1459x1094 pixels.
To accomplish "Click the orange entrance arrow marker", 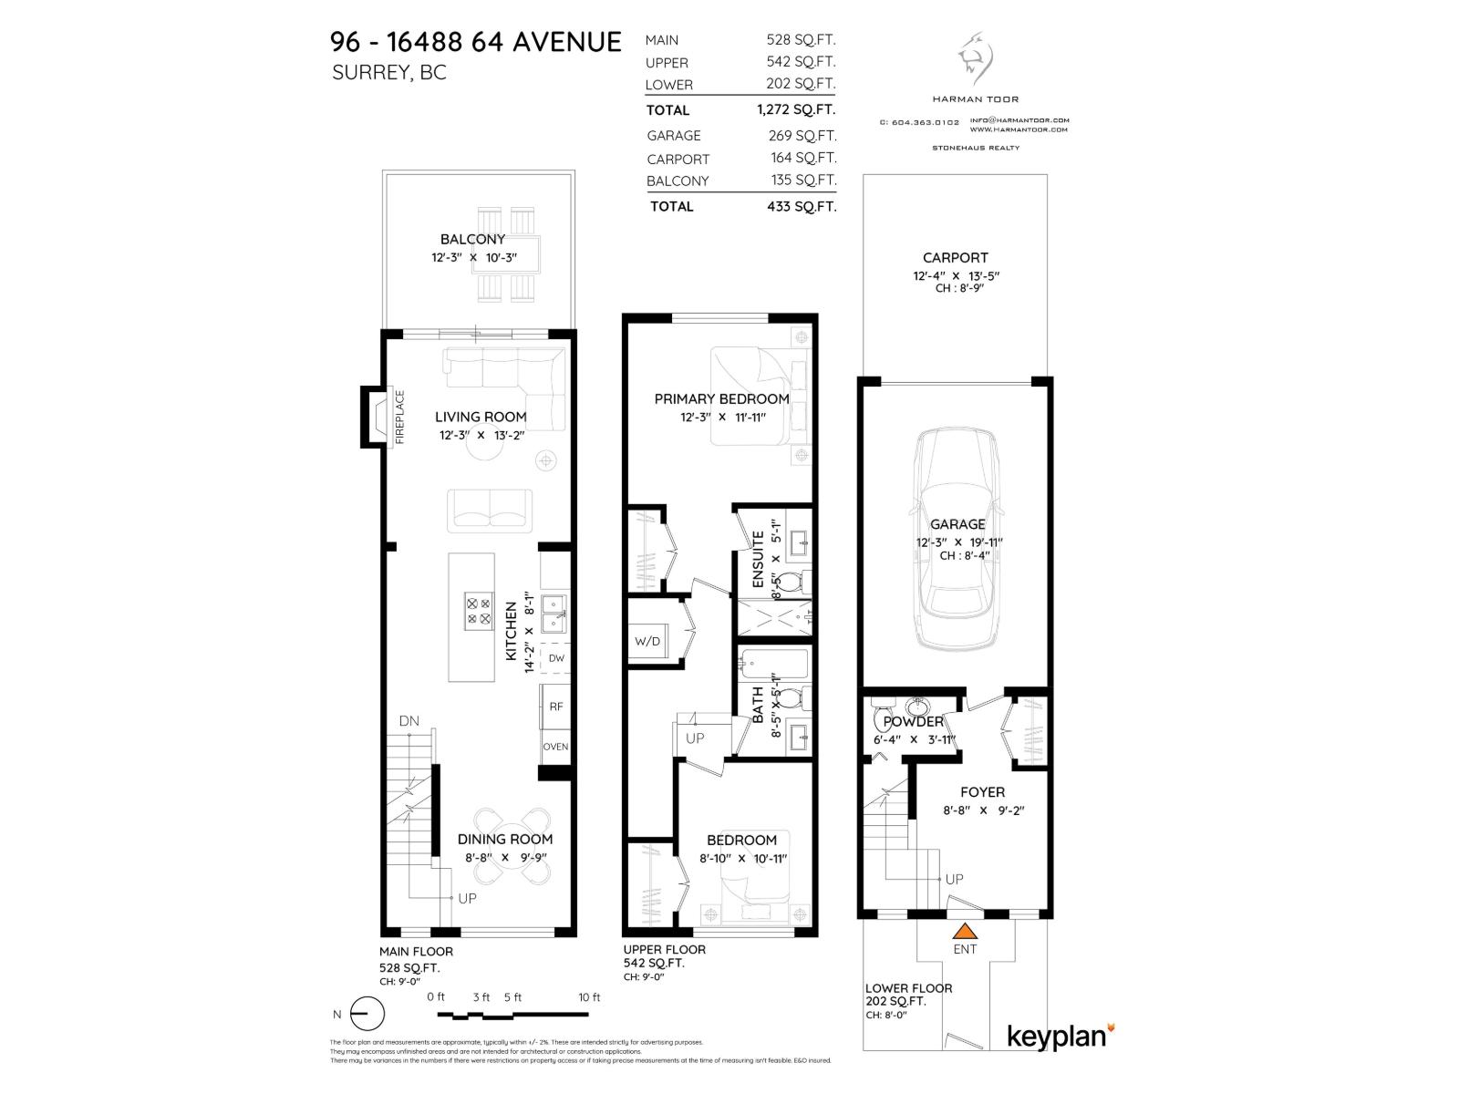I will (965, 932).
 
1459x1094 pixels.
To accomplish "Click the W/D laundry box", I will (647, 641).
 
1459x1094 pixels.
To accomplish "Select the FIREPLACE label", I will (399, 418).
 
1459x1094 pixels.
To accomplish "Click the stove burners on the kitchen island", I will (478, 610).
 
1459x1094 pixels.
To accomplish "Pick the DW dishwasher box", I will (555, 658).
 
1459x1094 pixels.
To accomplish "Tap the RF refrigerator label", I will (555, 707).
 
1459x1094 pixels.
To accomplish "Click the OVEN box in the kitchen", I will (555, 747).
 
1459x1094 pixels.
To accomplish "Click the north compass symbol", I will (367, 1014).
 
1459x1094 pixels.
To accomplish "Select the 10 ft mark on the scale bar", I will (590, 997).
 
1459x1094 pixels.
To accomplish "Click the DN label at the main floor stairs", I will (409, 721).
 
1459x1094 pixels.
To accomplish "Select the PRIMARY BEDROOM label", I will (721, 398).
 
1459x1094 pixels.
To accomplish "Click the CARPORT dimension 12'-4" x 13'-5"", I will (954, 275).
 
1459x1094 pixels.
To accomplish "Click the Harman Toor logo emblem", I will (975, 58).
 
